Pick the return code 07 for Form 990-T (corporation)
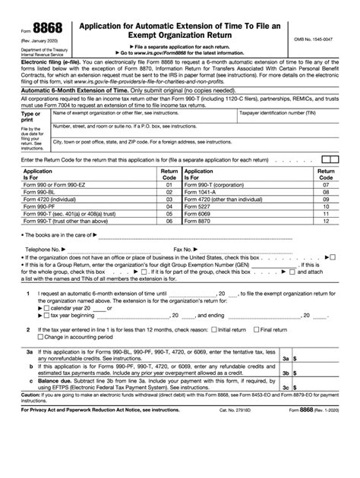(326, 184)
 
